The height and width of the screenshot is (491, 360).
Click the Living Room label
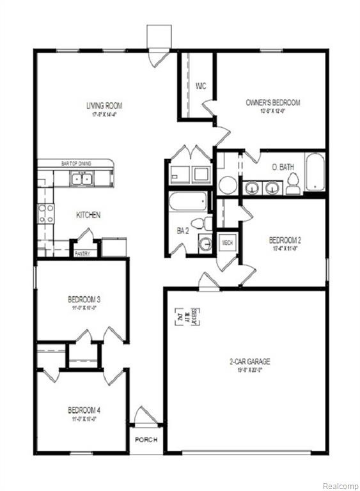pyautogui.click(x=104, y=105)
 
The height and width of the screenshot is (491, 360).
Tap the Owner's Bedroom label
pyautogui.click(x=272, y=102)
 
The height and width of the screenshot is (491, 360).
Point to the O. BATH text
pyautogui.click(x=282, y=168)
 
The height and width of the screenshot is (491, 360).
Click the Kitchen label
pyautogui.click(x=88, y=215)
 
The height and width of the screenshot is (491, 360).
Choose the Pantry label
pyautogui.click(x=82, y=254)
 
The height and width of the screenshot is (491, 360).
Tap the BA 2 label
pyautogui.click(x=182, y=230)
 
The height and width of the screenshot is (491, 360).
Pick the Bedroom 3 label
pyautogui.click(x=83, y=299)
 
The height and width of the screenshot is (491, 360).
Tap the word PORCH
pyautogui.click(x=146, y=440)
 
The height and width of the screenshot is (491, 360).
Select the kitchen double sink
pyautogui.click(x=81, y=179)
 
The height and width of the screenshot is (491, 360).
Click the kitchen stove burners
pyautogui.click(x=46, y=213)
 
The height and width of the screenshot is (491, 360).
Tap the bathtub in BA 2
pyautogui.click(x=188, y=202)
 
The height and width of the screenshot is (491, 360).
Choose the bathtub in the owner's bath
pyautogui.click(x=316, y=172)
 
